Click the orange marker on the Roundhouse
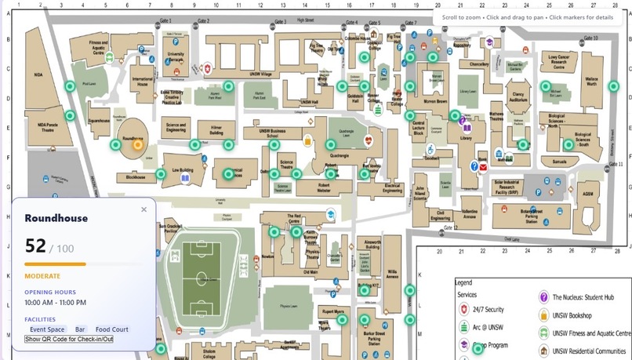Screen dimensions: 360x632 [x=139, y=144]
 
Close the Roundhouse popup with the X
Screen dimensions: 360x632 [x=143, y=209]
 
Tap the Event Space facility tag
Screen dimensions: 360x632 [x=47, y=329]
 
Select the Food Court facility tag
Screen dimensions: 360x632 [x=111, y=329]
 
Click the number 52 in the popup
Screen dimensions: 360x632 [x=36, y=245]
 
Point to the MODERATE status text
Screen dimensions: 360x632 [x=42, y=276]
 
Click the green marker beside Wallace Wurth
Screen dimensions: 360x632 [x=546, y=86]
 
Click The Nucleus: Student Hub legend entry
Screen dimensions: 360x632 [x=582, y=297]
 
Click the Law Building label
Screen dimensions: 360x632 [x=182, y=169]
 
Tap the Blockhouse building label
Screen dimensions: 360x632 [x=136, y=177]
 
